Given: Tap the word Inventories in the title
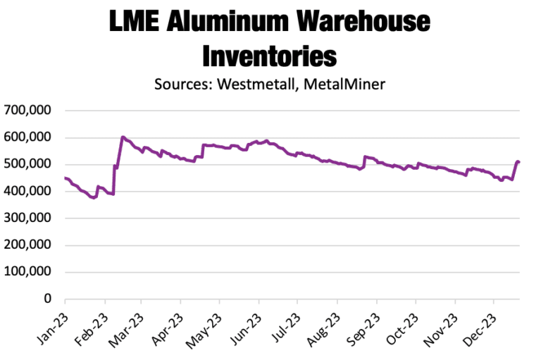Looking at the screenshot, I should pos(269,55).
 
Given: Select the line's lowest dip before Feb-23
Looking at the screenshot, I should pos(93,198).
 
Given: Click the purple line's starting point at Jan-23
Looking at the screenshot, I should pos(66,178).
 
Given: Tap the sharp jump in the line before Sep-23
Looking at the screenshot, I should pos(363,162).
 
